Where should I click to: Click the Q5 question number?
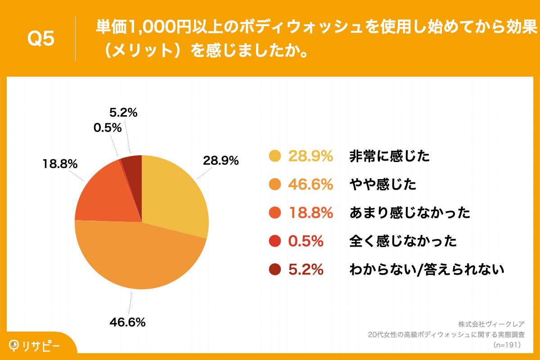[x=41, y=39]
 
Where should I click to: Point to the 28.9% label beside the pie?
[x=220, y=161]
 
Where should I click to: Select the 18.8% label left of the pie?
[x=60, y=164]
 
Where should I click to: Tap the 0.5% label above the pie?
[x=108, y=128]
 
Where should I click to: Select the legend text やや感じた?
[x=383, y=184]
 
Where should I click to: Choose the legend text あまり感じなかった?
[x=409, y=213]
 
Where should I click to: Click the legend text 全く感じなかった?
[x=403, y=241]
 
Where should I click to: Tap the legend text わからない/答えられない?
[x=427, y=270]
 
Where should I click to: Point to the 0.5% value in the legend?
[x=306, y=241]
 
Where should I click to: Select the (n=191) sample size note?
[x=507, y=345]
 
